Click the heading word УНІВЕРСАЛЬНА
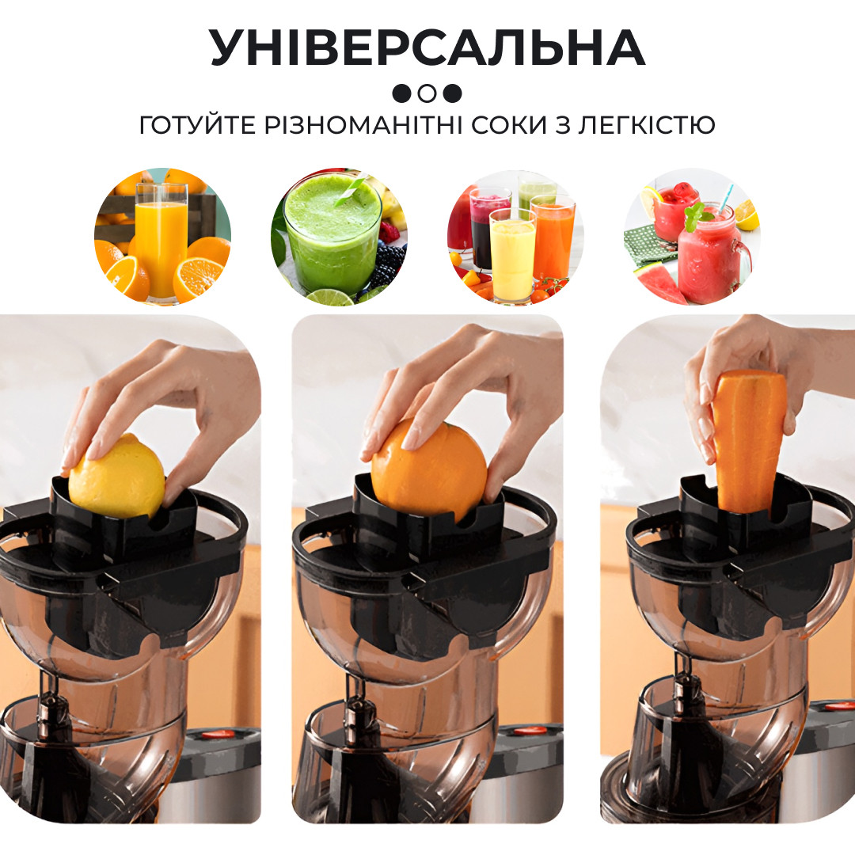click(x=427, y=49)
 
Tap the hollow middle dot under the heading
click(x=427, y=93)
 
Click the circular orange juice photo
click(x=162, y=237)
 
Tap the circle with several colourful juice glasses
click(x=515, y=237)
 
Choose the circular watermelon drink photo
click(x=692, y=237)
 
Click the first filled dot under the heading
click(x=402, y=93)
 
